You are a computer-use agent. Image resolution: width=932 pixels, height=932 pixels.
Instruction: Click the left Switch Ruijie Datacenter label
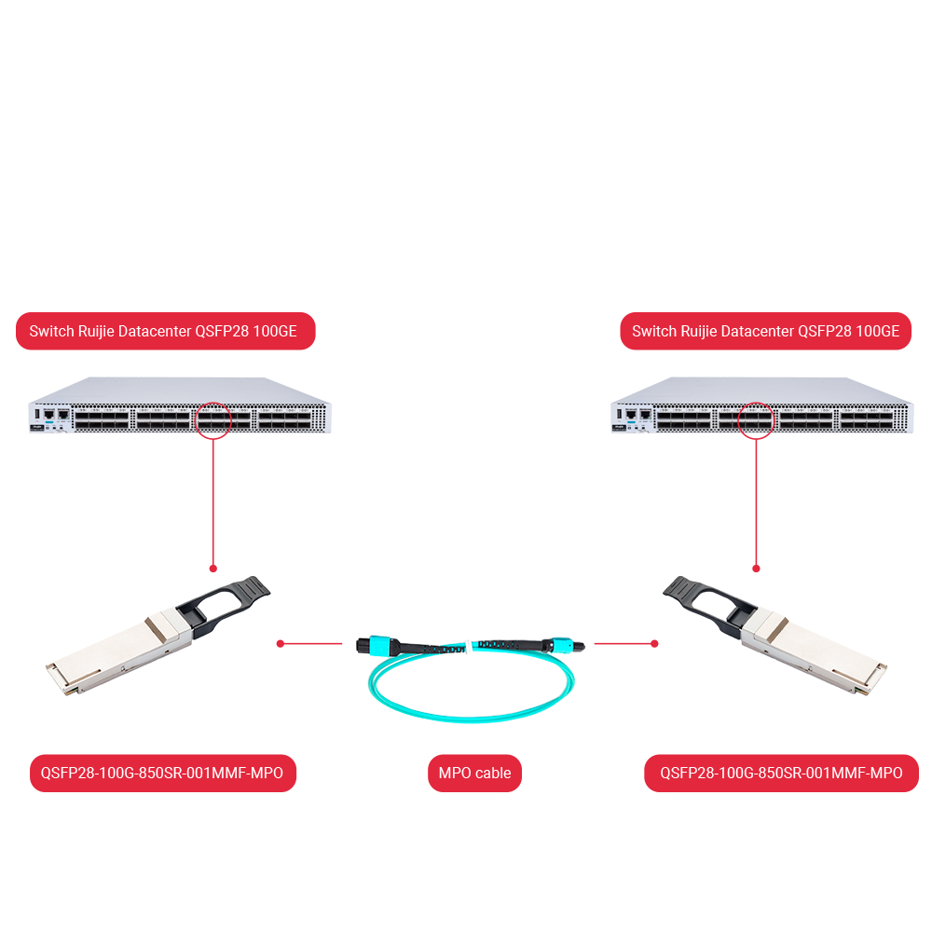tap(166, 331)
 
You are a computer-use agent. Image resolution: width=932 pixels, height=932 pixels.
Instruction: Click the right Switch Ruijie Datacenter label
tap(765, 331)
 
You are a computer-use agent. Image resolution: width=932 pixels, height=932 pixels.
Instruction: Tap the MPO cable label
tap(474, 773)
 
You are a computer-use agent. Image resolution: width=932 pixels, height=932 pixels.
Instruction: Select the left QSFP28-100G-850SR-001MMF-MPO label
tap(162, 773)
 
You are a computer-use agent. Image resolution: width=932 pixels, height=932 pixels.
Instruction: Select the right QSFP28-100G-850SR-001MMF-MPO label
tap(781, 773)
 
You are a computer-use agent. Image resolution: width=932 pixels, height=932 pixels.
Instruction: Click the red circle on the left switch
tap(213, 420)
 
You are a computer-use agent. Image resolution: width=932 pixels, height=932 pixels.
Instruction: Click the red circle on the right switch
tap(756, 420)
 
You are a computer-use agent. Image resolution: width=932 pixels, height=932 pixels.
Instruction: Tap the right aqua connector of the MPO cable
tap(559, 644)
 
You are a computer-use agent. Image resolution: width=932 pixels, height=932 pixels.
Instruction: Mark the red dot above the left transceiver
tap(213, 568)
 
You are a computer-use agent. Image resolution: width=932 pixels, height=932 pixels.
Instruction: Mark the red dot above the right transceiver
tap(756, 568)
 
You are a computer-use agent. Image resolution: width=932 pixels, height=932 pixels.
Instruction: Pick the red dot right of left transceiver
tap(280, 643)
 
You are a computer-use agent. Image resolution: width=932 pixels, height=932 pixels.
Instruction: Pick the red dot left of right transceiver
tap(655, 643)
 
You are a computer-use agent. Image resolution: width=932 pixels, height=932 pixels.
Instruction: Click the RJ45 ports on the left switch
tap(55, 413)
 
